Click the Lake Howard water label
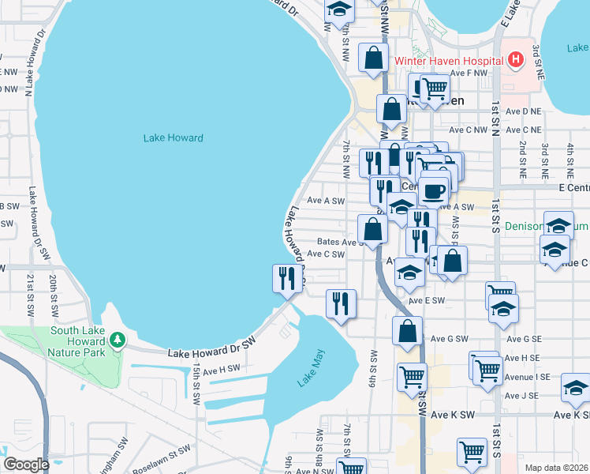(173, 137)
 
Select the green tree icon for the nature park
(118, 340)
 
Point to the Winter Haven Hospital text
(448, 60)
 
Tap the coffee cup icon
(432, 190)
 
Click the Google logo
(27, 464)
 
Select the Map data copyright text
(556, 468)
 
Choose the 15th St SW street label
(196, 383)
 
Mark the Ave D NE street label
(524, 111)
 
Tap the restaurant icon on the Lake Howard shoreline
(286, 278)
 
